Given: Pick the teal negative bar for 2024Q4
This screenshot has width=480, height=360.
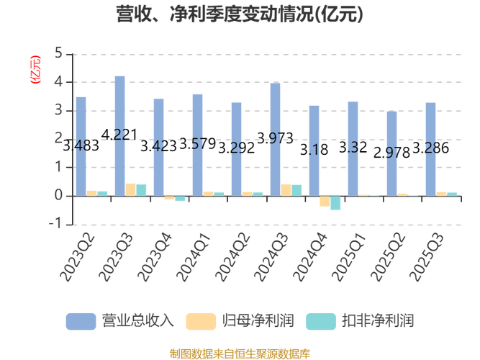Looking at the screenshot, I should click(x=335, y=202).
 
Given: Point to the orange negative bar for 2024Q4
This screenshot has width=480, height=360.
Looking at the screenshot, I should click(x=325, y=201).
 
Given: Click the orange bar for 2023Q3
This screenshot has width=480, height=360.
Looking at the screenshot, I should click(x=130, y=189).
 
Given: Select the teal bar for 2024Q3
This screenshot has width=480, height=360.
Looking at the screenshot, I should click(x=296, y=190).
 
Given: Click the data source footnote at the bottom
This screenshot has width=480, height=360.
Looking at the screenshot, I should click(x=240, y=352).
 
